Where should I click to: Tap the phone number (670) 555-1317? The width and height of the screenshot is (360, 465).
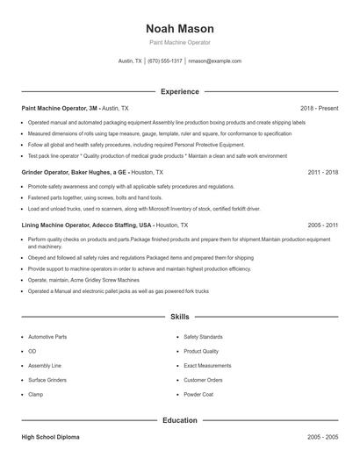point(165,61)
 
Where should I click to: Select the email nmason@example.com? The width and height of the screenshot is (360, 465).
point(215,61)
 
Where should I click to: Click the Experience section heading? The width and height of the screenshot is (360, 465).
point(179,91)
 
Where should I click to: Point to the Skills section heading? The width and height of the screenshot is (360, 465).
point(179,316)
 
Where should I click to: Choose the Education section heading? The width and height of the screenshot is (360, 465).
point(179,420)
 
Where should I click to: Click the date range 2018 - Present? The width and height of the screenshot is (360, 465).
point(319,108)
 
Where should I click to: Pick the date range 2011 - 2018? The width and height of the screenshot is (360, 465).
point(322,173)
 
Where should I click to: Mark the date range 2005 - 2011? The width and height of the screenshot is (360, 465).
point(322,225)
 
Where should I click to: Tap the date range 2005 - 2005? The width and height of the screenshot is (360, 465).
point(322,436)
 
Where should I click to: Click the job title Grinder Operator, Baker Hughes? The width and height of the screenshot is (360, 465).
point(75,173)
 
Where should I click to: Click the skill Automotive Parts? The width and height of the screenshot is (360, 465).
point(47,337)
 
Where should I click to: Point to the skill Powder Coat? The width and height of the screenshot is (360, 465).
point(198,395)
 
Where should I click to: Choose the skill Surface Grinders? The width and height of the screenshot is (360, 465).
point(47,380)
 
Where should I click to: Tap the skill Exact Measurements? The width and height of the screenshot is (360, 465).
point(207,366)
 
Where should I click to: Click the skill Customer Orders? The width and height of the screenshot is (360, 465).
point(203,380)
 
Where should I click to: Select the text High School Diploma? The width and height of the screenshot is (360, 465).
point(49,436)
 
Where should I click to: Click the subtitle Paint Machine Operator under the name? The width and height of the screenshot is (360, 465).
point(179,42)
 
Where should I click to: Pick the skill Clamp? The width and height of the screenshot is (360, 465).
point(36,395)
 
